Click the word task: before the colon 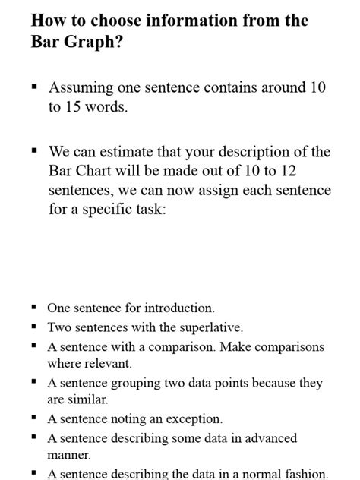pos(144,209)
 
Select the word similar pos(89,399)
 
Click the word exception pos(194,418)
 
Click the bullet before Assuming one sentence pos(35,87)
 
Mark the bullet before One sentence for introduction pos(35,308)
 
